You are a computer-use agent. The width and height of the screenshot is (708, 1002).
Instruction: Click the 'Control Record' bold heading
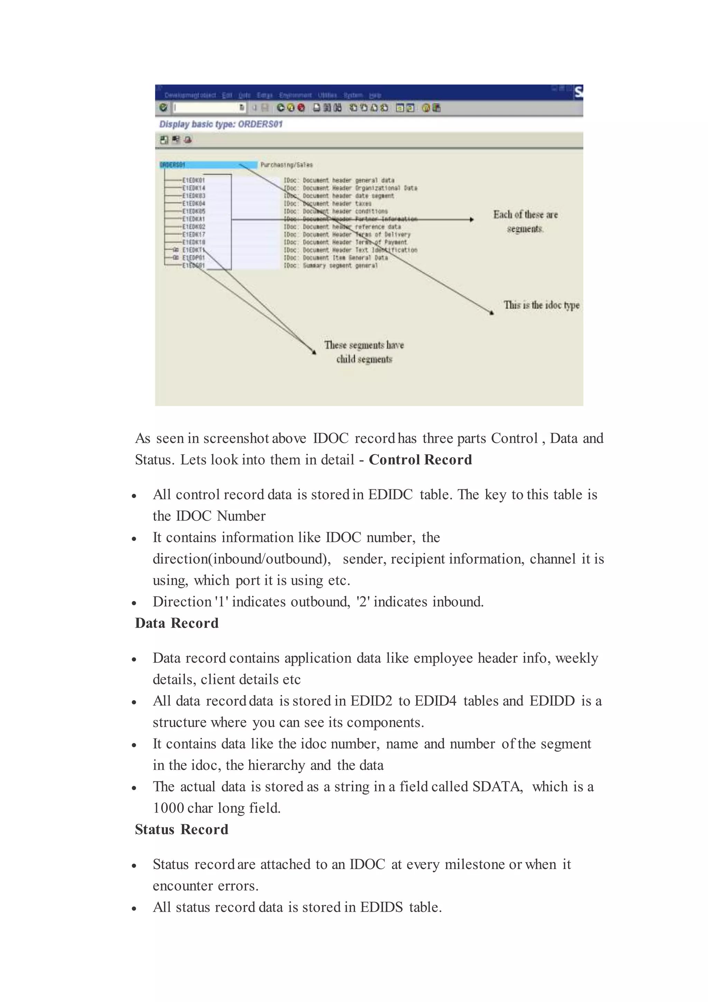pos(420,459)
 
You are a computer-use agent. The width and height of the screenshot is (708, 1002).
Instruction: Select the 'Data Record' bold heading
pos(177,623)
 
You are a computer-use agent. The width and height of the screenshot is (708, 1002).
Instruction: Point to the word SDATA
pos(497,786)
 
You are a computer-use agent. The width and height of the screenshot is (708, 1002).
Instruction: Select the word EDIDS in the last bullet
pos(381,907)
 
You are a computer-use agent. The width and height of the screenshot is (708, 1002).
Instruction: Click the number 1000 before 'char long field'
pos(168,808)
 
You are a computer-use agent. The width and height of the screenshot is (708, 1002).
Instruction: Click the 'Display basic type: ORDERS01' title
pos(221,124)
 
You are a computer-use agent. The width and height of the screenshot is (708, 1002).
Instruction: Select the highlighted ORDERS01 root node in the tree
pos(173,165)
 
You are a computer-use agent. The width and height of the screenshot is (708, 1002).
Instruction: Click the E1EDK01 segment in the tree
pos(194,180)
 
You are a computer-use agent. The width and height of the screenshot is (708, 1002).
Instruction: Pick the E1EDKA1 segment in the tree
pos(194,219)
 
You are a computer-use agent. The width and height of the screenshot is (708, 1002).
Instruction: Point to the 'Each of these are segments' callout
pos(525,221)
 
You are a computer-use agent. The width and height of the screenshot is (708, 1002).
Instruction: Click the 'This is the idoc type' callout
pos(541,305)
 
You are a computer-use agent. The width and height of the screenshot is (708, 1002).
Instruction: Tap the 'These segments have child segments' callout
pos(364,352)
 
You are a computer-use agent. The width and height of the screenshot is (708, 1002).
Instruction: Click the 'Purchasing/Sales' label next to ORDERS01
pos(287,165)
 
